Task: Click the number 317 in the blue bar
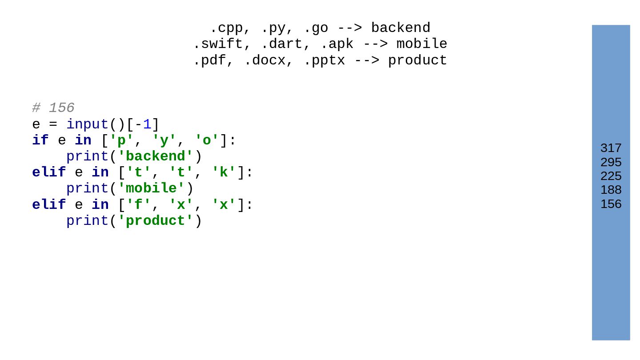pos(611,148)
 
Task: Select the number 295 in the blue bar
pos(611,162)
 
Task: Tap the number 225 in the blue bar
pos(611,176)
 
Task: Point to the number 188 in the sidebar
pos(611,190)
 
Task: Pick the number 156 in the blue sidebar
pos(611,204)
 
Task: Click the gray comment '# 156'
pos(53,108)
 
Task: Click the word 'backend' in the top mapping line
pos(400,28)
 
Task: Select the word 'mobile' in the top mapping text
pos(422,44)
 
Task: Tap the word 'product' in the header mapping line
pos(417,60)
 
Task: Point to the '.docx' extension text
pos(264,60)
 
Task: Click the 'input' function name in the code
pos(87,124)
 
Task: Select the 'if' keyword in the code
pos(40,140)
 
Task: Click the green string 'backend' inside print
pos(156,156)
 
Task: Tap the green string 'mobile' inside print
pos(151,188)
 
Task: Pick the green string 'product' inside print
pos(156,221)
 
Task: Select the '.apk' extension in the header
pos(337,44)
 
